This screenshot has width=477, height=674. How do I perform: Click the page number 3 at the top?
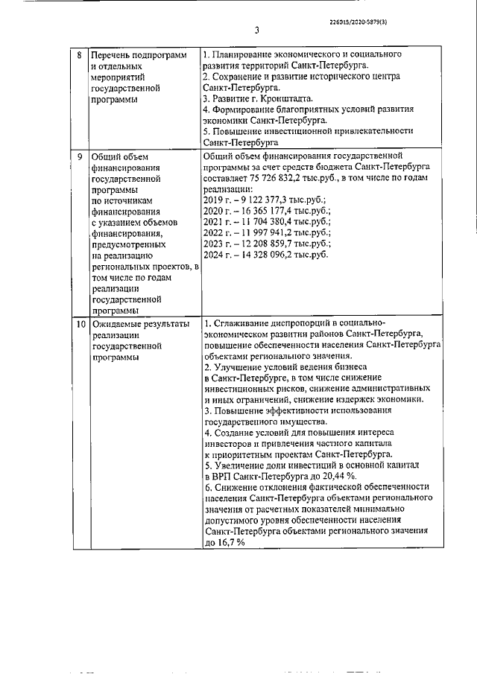pos(256,31)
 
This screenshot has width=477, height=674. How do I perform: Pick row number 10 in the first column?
pos(80,324)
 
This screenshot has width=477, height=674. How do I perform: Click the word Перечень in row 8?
pos(112,55)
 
